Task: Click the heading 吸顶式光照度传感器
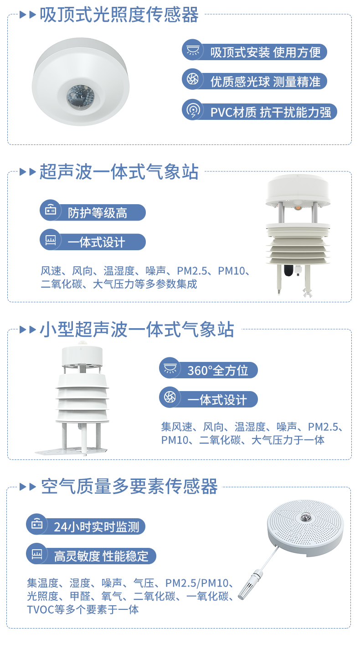pyautogui.click(x=119, y=15)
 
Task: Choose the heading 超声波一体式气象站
pyautogui.click(x=119, y=172)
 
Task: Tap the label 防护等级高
pyautogui.click(x=98, y=213)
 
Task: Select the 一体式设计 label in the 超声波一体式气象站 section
pyautogui.click(x=96, y=242)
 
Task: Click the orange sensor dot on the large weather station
pyautogui.click(x=298, y=207)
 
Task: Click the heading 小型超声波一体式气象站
pyautogui.click(x=137, y=330)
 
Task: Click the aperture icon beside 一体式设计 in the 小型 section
pyautogui.click(x=170, y=397)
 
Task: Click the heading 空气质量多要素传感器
pyautogui.click(x=129, y=487)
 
